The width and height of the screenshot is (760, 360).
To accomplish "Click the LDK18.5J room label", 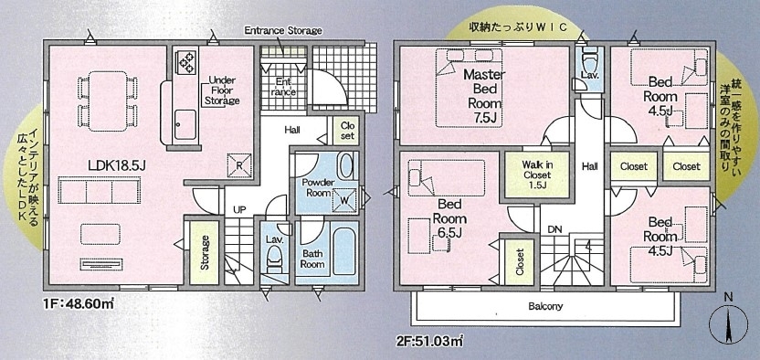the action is (117, 165).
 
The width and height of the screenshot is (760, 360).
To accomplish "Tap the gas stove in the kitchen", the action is (186, 61).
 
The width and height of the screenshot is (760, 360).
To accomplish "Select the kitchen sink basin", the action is (185, 123).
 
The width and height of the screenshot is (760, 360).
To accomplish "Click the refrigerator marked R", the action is (239, 164).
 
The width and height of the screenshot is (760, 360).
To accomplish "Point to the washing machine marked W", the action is (346, 199).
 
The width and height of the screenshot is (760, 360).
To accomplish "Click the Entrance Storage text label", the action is (283, 30).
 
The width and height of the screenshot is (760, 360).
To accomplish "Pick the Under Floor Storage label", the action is (221, 90).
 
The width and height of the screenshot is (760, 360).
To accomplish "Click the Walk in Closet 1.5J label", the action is (537, 174).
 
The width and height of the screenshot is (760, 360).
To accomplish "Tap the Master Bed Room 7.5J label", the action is (484, 95).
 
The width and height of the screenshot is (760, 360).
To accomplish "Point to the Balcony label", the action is (545, 306).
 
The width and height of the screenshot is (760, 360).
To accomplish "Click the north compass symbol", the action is (729, 324).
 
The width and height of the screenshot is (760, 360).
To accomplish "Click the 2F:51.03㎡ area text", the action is (429, 342).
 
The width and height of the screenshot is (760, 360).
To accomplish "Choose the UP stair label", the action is (239, 210).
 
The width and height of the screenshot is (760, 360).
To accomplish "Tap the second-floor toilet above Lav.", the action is (590, 59).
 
